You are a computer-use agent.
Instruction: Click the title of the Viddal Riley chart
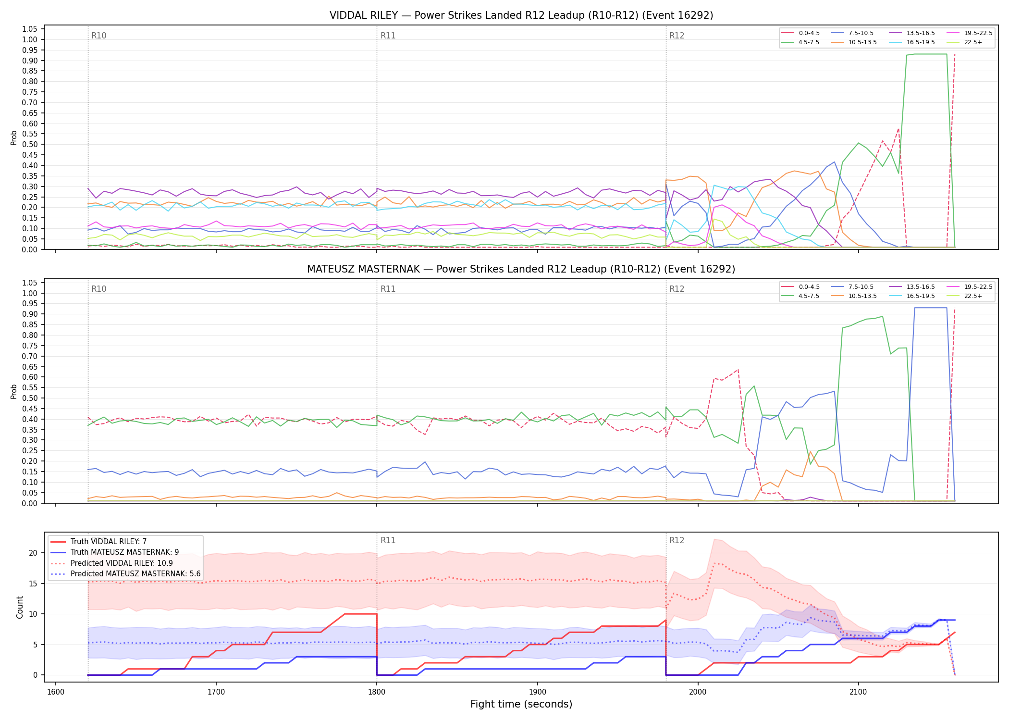click(x=521, y=15)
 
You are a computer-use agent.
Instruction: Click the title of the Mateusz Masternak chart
click(x=521, y=269)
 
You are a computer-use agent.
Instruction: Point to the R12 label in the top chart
click(x=677, y=36)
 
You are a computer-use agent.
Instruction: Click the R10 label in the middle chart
click(x=99, y=289)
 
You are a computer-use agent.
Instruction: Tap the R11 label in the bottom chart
click(x=388, y=540)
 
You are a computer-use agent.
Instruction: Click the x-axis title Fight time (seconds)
click(x=521, y=704)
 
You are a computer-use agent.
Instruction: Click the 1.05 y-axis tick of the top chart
click(x=30, y=29)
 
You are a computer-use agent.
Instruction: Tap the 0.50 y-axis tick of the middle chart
click(x=30, y=398)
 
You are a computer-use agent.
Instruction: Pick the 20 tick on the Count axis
click(x=33, y=553)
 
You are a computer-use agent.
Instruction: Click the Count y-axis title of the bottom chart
click(x=20, y=607)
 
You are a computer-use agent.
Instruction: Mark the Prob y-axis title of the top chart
click(x=14, y=137)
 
